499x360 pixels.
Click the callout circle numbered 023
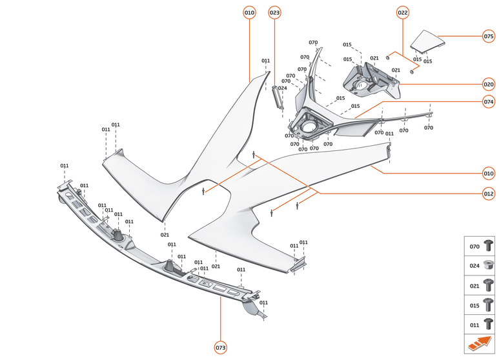point(275,12)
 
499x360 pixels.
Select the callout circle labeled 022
point(403,12)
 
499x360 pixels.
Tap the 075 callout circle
point(489,36)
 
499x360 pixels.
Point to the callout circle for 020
point(489,84)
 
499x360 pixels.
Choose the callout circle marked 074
point(489,101)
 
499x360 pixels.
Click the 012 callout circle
point(489,194)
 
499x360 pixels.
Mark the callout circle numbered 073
point(221,348)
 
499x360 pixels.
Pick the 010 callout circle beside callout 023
point(250,12)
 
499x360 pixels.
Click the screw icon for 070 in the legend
point(488,246)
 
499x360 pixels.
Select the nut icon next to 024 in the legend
point(488,265)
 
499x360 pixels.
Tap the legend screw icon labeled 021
point(488,285)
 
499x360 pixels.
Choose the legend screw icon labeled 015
point(488,305)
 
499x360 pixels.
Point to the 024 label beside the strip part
point(283,88)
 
